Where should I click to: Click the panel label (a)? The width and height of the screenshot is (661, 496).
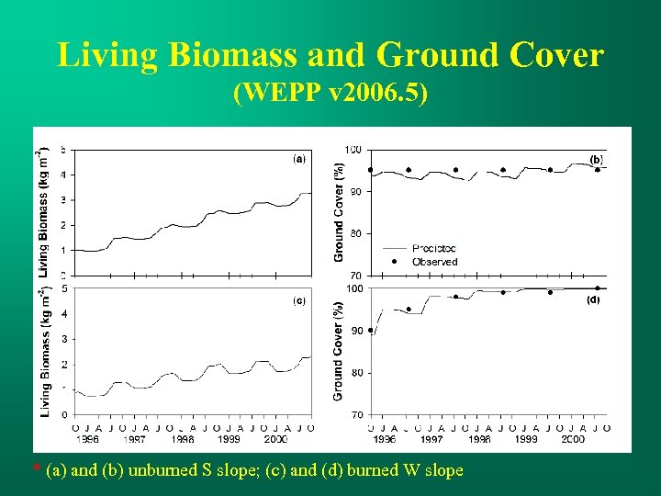[299, 158]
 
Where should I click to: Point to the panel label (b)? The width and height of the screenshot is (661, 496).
[596, 159]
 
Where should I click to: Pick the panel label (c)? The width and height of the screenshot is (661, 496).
[299, 300]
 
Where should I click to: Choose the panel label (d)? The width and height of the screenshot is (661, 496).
[594, 299]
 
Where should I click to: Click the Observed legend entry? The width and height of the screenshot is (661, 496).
[434, 262]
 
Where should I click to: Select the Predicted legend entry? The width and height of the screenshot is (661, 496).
[434, 248]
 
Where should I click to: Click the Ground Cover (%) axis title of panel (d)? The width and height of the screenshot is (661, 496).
[339, 353]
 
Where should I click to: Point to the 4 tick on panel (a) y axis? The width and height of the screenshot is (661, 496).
[62, 175]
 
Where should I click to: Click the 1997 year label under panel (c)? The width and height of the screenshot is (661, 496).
[134, 440]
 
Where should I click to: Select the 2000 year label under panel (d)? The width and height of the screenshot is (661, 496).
[572, 440]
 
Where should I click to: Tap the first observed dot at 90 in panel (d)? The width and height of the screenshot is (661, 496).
[370, 331]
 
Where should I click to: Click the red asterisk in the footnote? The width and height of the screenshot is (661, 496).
[37, 470]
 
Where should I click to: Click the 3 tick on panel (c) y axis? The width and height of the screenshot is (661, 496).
[62, 339]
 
